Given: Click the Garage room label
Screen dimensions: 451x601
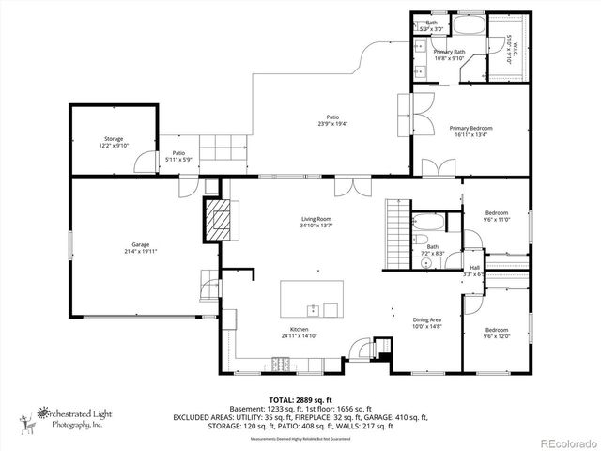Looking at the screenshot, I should click(x=141, y=246).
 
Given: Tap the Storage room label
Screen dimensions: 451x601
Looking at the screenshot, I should click(x=113, y=141).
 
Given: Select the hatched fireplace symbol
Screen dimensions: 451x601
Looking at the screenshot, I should click(x=218, y=220).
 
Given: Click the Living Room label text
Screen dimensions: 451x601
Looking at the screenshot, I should click(x=314, y=222).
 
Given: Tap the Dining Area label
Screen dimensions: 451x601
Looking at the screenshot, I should click(x=427, y=323).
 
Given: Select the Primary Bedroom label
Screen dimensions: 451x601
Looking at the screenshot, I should click(x=470, y=131).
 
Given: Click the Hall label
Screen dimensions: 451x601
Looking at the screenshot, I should click(x=474, y=271).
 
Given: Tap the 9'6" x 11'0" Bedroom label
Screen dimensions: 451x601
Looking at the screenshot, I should click(x=496, y=216).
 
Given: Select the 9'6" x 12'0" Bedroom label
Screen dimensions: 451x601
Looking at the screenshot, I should click(x=496, y=333).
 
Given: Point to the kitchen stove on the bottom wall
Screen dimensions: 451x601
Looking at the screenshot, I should click(x=279, y=362).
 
